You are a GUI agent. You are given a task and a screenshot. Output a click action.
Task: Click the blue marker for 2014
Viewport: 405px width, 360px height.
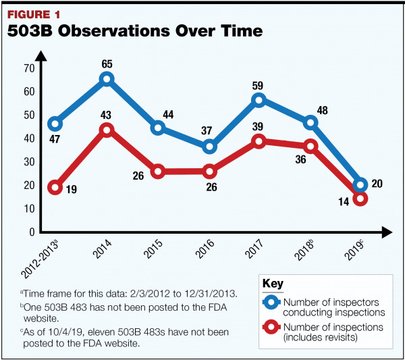107,80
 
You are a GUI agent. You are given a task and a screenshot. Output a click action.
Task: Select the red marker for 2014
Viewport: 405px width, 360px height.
107,130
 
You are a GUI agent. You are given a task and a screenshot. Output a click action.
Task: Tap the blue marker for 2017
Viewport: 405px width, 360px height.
258,100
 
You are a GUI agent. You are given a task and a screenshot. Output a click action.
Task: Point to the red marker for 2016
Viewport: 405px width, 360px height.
209,172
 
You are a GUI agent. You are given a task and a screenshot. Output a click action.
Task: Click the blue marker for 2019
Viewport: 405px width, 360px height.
360,185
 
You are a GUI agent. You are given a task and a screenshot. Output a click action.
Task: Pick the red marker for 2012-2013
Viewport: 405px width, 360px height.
55,187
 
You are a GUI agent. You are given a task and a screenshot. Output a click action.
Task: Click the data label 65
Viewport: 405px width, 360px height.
107,64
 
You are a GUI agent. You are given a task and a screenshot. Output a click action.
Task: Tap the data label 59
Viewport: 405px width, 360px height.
259,85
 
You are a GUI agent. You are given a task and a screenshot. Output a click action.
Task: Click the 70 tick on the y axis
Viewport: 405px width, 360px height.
29,68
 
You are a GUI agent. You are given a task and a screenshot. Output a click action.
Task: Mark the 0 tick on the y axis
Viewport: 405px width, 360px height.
32,232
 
